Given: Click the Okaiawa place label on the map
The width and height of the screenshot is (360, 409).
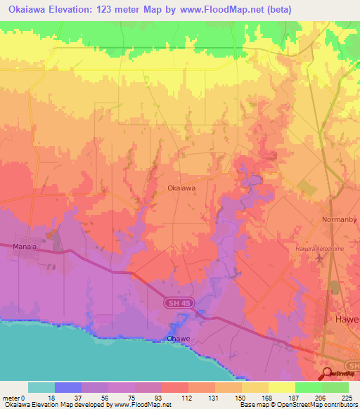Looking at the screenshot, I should [x=181, y=188].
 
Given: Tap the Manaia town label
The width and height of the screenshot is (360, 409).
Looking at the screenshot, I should [x=26, y=246].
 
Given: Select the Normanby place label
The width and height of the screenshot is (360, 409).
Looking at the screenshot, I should [x=339, y=219].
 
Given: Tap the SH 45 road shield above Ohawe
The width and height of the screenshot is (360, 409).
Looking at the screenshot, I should [x=179, y=303].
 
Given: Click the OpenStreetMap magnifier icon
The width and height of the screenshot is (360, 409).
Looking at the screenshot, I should [x=328, y=374].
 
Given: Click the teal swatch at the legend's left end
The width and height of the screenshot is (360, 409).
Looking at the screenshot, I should [x=41, y=387].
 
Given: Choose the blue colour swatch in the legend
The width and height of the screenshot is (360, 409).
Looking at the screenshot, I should [x=68, y=387].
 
